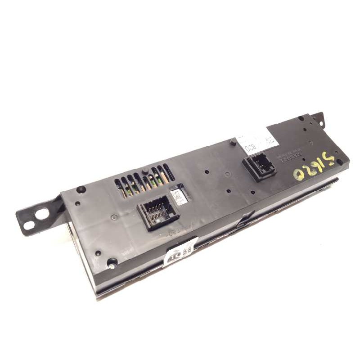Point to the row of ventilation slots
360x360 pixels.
click(x=144, y=180)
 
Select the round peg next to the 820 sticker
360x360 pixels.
click(x=233, y=143)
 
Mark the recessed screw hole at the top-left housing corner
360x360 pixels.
click(x=81, y=189)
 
